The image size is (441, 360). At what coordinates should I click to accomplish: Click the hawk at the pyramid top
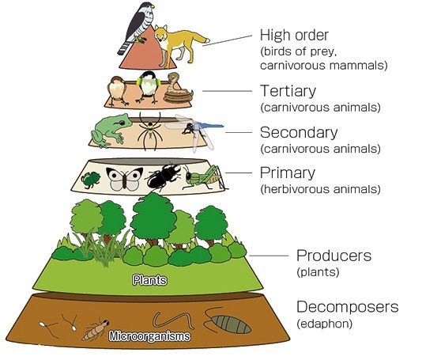138,27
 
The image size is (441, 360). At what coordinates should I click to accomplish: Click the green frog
111,130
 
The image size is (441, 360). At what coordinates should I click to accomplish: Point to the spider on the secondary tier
150,131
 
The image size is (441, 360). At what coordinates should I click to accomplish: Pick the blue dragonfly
197,131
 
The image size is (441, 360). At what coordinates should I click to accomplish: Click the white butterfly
124,179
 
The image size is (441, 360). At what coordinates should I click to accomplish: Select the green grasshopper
205,176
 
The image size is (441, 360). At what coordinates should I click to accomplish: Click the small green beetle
91,180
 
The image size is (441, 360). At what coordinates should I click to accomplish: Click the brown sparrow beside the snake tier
118,90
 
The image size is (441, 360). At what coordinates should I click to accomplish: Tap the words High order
294,36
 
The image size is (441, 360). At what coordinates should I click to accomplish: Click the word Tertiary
288,91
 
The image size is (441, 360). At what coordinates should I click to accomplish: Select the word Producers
334,256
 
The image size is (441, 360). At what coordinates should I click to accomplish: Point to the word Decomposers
348,307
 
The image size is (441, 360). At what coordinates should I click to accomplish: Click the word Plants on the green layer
149,280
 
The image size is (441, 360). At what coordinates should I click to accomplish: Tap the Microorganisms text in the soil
149,336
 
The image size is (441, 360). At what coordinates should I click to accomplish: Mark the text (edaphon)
325,324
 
